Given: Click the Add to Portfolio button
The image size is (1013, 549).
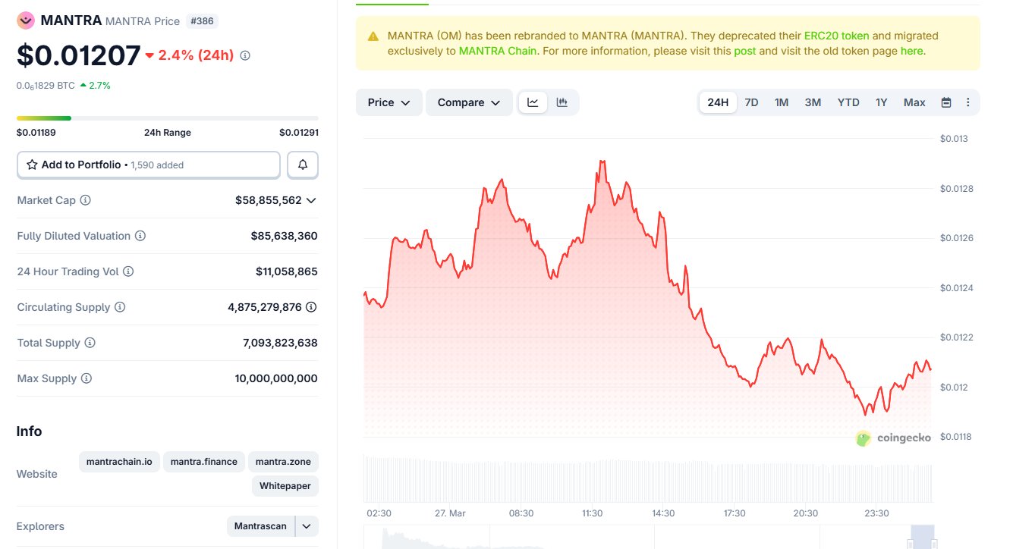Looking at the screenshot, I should point(148,165).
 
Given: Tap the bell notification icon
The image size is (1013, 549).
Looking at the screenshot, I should point(303,165).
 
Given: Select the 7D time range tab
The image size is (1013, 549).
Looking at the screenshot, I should point(751,102).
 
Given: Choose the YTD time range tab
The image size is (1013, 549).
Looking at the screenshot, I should point(848,102).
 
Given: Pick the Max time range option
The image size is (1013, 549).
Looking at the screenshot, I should point(914,102).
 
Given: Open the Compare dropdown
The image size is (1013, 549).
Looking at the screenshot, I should point(469,102).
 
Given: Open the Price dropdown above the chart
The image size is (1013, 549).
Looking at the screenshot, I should point(389,102).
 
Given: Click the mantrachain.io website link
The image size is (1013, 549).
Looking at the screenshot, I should point(119,461).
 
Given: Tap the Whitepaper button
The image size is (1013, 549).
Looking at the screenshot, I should point(285,485).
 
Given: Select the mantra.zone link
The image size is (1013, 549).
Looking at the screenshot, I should point(283,461).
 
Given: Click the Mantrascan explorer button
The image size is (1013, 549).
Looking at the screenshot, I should point(260,526).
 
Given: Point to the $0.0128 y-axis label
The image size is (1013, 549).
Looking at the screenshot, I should point(955,188).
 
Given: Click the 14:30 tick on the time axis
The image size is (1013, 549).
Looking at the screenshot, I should point(663,513).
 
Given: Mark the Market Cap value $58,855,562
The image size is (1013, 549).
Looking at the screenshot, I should point(269,200).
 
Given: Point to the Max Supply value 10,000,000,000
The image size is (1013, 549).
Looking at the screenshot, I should point(276,378).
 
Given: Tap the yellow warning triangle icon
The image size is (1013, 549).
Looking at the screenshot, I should point(373,36).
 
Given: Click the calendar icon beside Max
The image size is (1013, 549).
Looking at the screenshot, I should point(946,102).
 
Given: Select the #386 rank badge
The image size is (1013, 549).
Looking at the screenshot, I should point(202,21).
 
